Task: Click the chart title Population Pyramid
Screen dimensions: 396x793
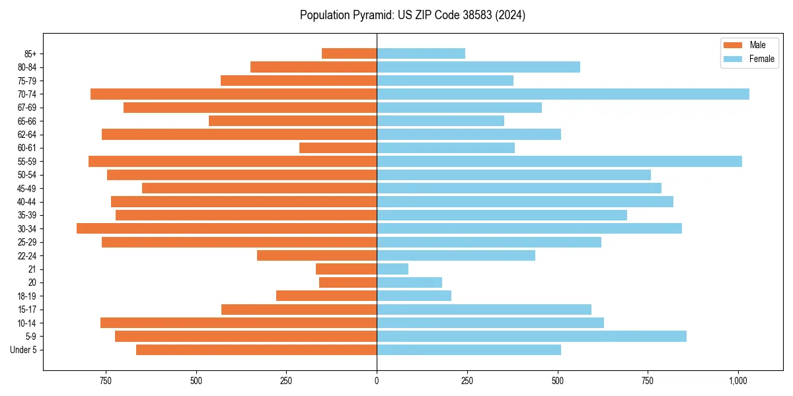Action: [x=412, y=15]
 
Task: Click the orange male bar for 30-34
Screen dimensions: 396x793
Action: [x=227, y=228]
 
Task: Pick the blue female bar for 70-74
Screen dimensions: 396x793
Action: [x=563, y=94]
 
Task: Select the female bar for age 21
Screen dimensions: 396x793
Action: [x=393, y=269]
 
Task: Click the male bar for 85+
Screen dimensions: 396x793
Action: [x=349, y=53]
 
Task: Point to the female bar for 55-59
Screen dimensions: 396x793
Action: [x=559, y=161]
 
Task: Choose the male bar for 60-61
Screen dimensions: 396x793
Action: [x=338, y=148]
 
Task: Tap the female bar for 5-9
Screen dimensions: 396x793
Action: [x=531, y=336]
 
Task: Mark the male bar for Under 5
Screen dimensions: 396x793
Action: [x=256, y=350]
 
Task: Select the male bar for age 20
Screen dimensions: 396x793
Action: [x=348, y=282]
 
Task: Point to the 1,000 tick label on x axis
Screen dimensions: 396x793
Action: [x=738, y=381]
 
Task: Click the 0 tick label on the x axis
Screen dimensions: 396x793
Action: [x=377, y=381]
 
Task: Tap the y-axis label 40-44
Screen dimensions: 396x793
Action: [x=26, y=202]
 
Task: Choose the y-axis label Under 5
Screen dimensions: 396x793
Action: [x=24, y=350]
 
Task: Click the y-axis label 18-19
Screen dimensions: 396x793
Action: [x=26, y=296]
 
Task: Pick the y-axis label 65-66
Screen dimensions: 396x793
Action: [x=26, y=121]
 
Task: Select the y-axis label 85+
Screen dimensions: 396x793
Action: [x=30, y=53]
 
